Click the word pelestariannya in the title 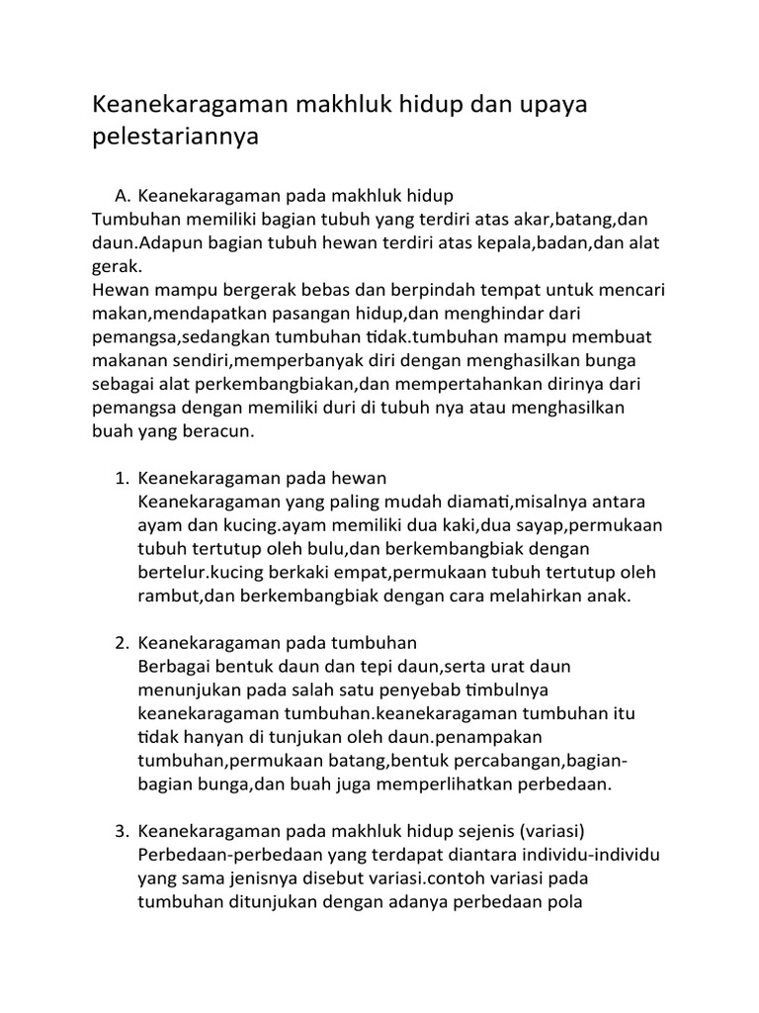(175, 137)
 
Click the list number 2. (122, 643)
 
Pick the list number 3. (122, 829)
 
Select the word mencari (626, 291)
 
